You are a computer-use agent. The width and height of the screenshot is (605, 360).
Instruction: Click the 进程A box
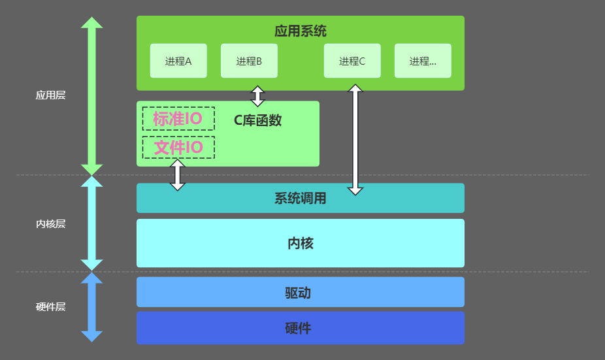tap(178, 61)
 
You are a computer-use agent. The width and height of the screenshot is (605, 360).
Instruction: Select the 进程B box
tap(249, 61)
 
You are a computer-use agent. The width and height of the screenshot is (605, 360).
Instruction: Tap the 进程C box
tap(352, 61)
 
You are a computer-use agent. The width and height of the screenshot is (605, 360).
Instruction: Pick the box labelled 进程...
tap(423, 61)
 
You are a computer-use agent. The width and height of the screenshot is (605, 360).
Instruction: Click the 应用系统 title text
tap(301, 31)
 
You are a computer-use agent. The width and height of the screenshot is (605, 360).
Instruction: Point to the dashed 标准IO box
tap(178, 119)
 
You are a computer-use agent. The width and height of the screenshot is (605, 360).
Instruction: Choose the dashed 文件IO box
tap(178, 148)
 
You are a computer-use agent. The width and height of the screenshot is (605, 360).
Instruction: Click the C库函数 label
tap(258, 120)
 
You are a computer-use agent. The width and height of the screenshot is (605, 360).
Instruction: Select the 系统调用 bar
tap(301, 198)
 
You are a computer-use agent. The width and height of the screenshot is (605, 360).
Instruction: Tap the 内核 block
tap(301, 243)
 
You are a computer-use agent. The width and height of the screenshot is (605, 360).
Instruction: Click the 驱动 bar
tap(301, 292)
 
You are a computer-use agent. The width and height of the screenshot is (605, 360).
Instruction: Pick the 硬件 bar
tap(301, 328)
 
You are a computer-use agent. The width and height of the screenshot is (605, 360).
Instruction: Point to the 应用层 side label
tap(50, 95)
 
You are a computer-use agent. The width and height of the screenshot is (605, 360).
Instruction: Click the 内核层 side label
tap(50, 224)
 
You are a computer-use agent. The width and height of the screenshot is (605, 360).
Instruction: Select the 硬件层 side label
tap(50, 306)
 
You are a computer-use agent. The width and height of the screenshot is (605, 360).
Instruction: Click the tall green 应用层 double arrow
tap(91, 95)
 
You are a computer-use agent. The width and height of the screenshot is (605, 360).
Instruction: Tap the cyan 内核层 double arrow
tap(91, 224)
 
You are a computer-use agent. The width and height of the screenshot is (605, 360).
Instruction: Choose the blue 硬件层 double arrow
tap(91, 306)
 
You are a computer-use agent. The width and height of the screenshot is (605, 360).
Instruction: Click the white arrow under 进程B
tap(258, 96)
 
